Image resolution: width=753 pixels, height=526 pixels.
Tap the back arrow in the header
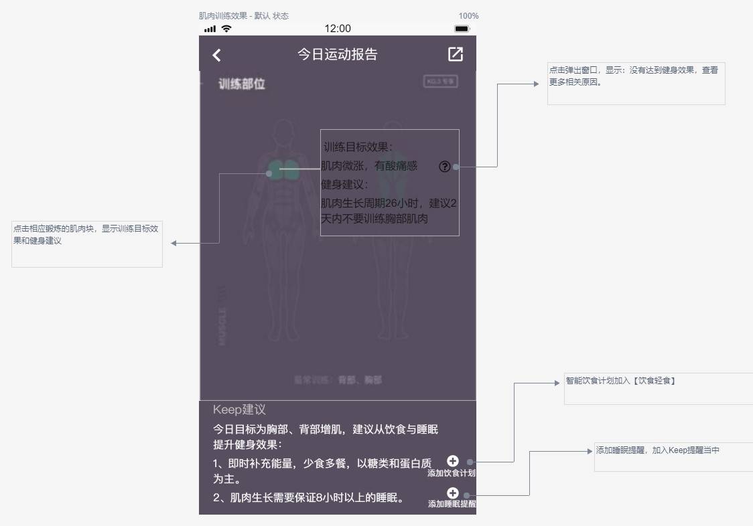pos(216,56)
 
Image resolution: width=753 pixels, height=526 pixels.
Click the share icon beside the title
pos(456,54)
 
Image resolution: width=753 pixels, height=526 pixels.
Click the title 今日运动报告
pos(337,54)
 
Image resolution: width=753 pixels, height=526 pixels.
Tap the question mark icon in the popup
pos(445,167)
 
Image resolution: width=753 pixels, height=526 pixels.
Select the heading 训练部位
pos(242,84)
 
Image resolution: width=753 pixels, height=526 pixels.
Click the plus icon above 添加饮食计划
pos(453,460)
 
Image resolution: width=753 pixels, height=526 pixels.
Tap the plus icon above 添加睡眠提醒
pos(453,493)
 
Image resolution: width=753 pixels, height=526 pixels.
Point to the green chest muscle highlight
pos(285,167)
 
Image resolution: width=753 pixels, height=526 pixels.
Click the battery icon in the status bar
pos(462,29)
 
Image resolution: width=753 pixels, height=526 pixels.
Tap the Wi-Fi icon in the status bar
pos(226,29)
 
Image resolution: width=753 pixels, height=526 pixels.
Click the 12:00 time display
pos(337,29)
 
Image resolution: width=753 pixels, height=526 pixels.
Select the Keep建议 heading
pos(239,410)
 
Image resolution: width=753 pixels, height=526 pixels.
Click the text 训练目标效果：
pos(358,147)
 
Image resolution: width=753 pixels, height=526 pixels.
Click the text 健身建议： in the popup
pos(345,185)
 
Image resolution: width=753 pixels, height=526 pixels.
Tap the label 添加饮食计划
pos(452,473)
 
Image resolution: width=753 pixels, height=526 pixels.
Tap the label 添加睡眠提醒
pos(452,504)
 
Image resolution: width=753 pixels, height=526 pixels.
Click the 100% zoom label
pos(468,16)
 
